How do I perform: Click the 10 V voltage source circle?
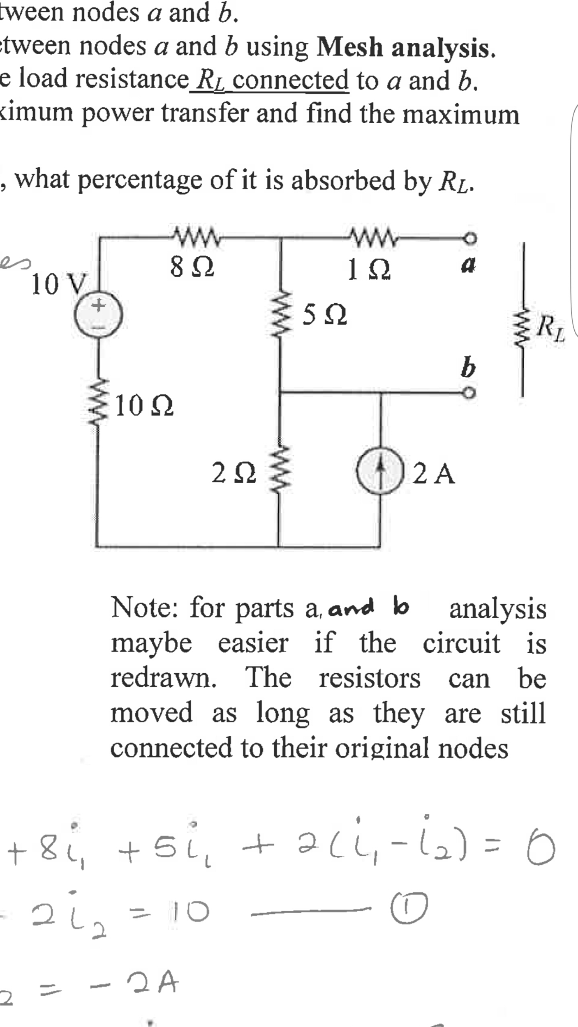98,316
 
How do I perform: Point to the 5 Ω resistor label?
324,315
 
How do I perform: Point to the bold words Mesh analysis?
405,48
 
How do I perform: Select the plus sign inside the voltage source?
98,306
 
